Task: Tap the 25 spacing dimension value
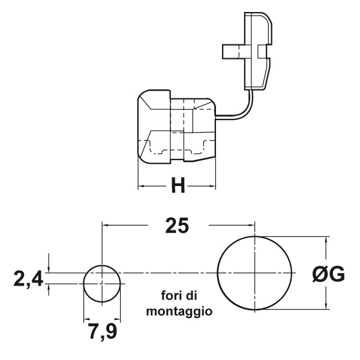177,226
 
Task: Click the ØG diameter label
328,274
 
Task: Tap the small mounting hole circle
101,283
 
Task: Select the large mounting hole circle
255,273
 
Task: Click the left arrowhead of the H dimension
142,187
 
